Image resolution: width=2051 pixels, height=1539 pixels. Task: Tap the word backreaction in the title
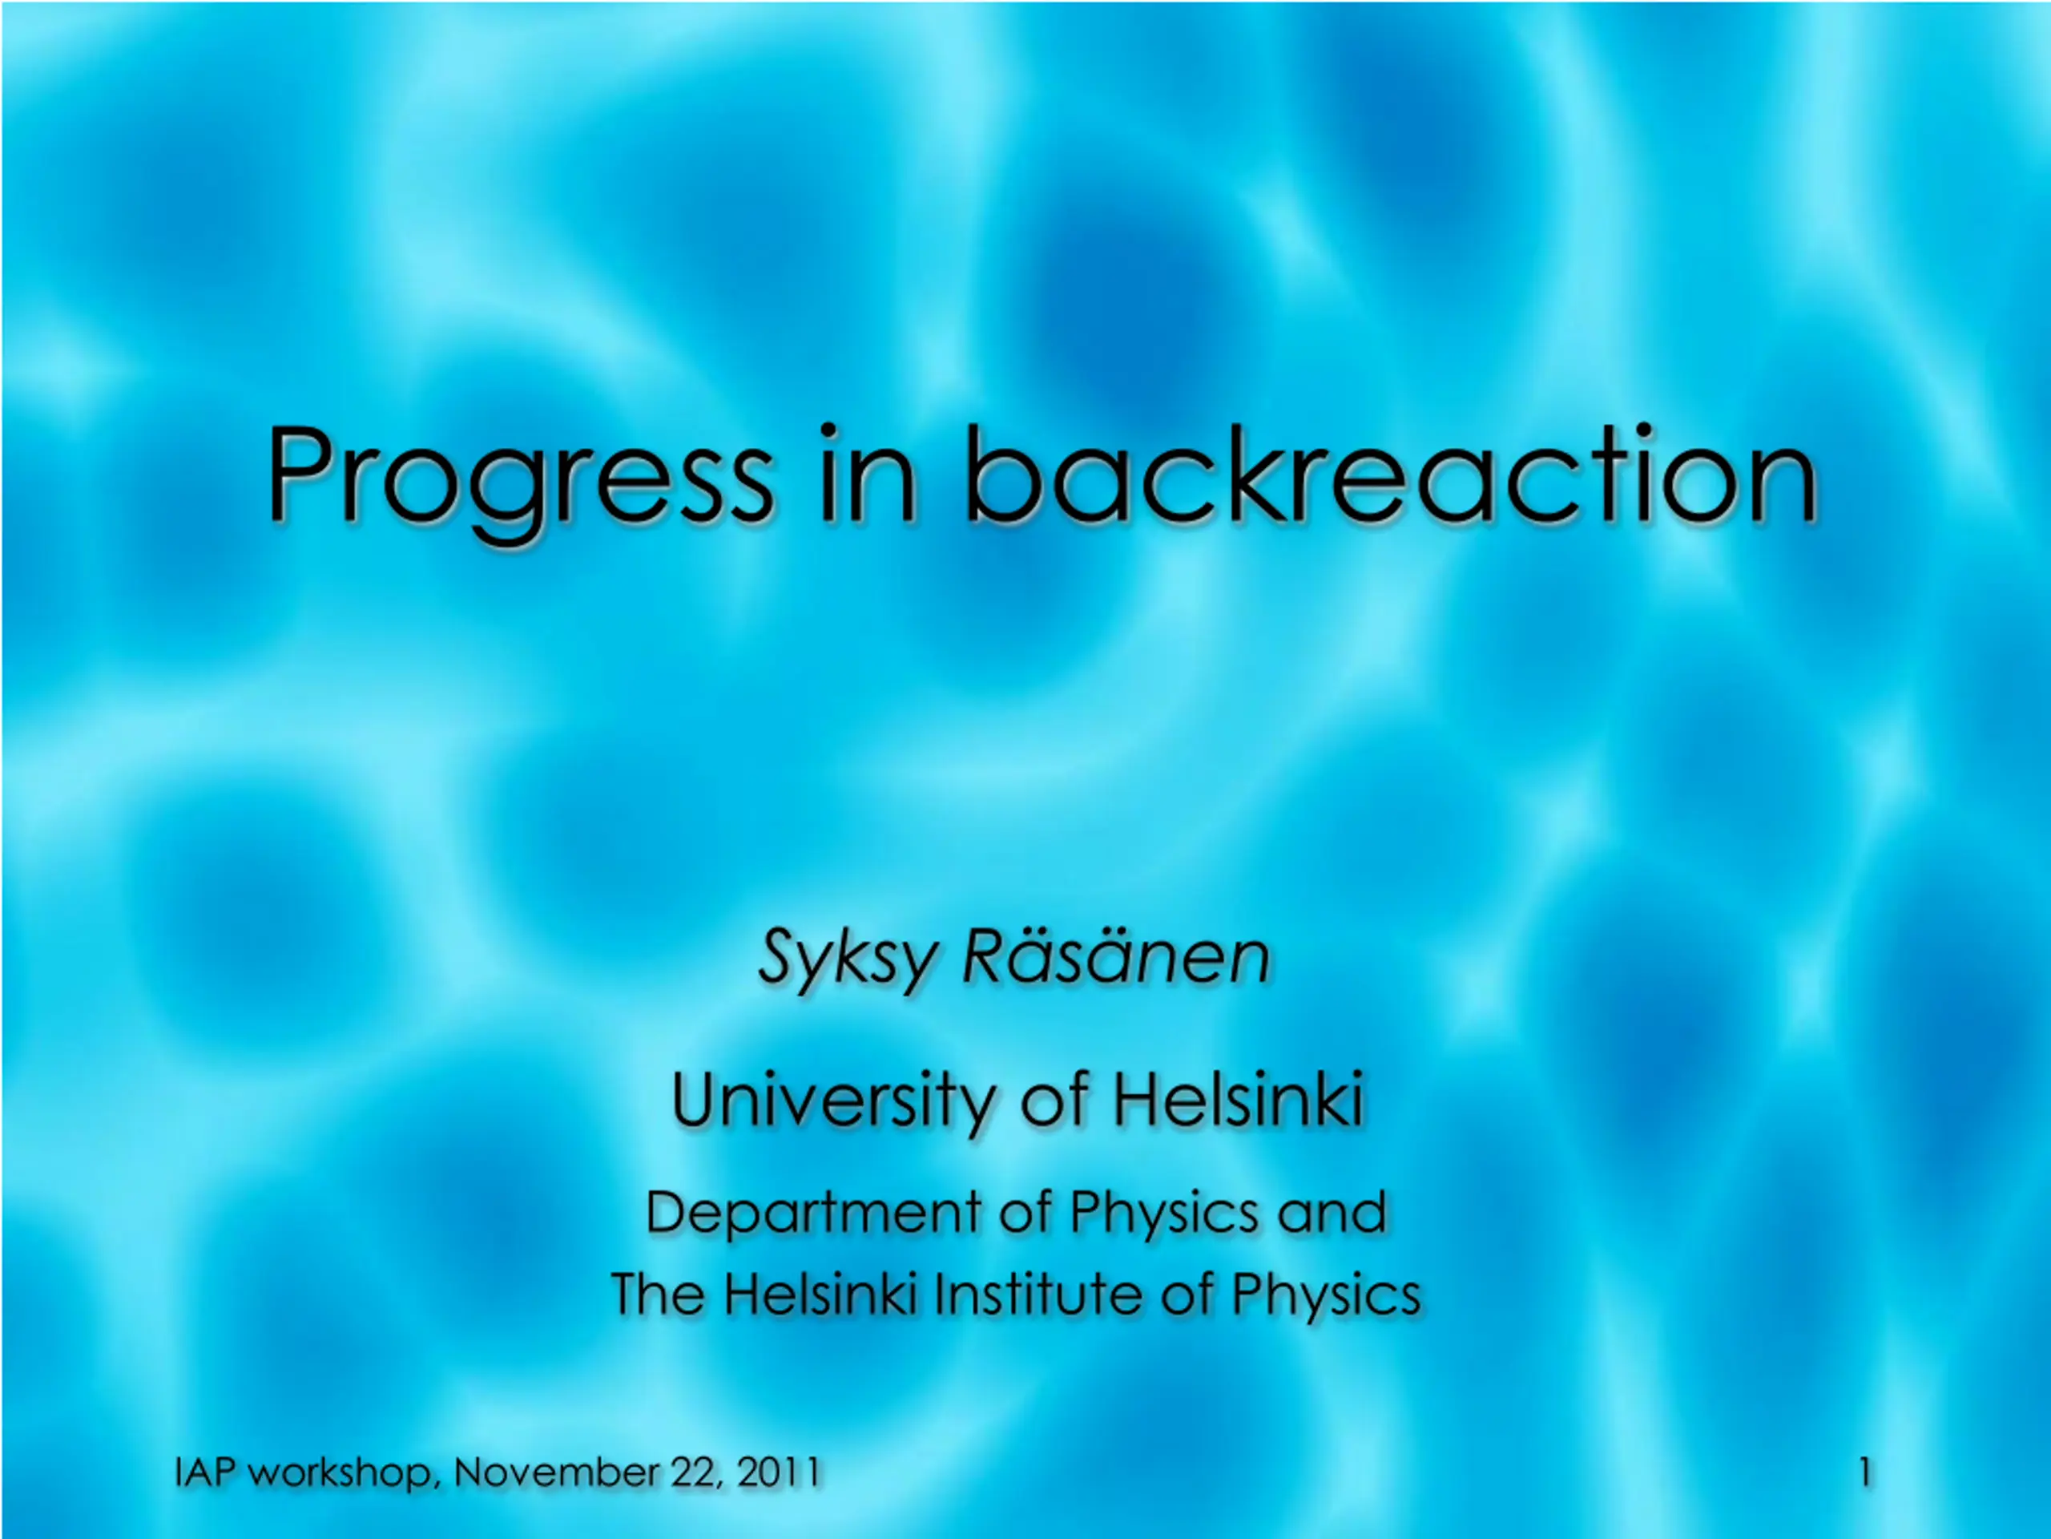coord(1390,473)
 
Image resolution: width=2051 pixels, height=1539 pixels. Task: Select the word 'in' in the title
coord(868,473)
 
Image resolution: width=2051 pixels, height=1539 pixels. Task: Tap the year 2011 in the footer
coord(779,1472)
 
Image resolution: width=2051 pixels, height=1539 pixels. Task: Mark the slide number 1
coord(1864,1472)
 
